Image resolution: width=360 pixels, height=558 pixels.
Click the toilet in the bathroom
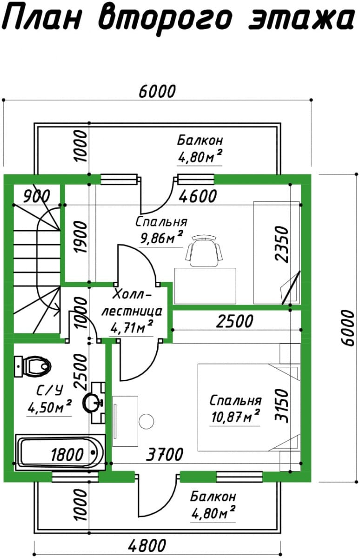(33, 366)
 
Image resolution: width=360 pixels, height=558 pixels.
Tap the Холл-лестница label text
(132, 304)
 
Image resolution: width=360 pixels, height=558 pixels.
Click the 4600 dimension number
(198, 196)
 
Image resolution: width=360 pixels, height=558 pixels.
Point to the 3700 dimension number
(165, 454)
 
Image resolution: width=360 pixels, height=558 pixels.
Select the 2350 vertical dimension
(282, 244)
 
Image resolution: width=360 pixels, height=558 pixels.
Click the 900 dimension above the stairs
(37, 196)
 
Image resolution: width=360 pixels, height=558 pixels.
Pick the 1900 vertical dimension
(81, 237)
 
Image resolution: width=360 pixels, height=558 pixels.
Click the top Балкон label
(200, 141)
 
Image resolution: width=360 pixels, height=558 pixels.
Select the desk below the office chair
(205, 286)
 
